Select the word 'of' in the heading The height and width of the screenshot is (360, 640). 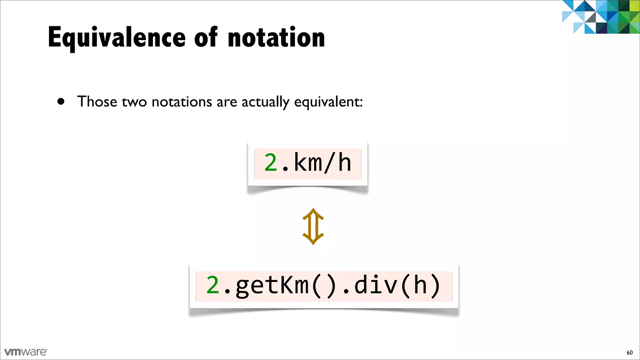206,37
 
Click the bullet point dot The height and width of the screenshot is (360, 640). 61,102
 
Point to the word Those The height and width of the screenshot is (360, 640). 97,102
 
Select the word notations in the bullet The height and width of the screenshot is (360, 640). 182,102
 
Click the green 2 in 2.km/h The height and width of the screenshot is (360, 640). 271,163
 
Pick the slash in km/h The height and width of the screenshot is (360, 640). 330,163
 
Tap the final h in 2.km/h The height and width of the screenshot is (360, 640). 345,163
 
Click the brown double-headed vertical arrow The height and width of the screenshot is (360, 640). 313,226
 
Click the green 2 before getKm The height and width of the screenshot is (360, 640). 213,285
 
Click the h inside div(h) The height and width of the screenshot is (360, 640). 420,285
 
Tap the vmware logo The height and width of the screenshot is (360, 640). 26,352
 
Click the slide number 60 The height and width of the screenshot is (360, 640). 629,352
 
